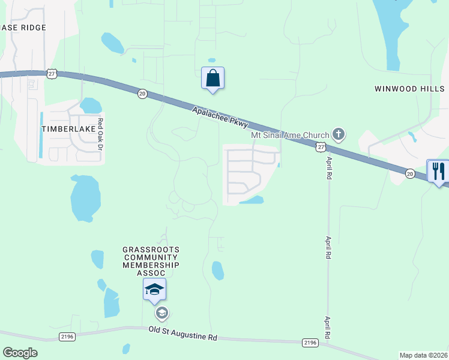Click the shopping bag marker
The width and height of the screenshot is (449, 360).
pos(212,78)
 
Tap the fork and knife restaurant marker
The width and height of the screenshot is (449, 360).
pos(438,171)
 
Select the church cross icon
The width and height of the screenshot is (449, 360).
pos(339,134)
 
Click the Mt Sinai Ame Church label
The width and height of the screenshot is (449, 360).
pos(290,136)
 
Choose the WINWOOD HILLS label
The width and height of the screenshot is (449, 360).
pos(409,89)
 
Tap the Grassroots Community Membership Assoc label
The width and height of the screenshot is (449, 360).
pos(151,261)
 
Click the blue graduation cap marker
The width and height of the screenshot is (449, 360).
pos(154,290)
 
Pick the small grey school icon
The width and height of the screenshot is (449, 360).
pos(161,313)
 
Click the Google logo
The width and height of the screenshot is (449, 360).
pos(20,353)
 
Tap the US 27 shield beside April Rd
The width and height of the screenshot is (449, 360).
pos(321,147)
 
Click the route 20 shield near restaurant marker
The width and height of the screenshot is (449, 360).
pos(410,173)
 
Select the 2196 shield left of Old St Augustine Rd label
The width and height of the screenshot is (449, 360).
pos(67,337)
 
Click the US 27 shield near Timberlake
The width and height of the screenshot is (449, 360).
pos(52,73)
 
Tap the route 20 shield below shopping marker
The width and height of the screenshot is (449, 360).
pos(142,94)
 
